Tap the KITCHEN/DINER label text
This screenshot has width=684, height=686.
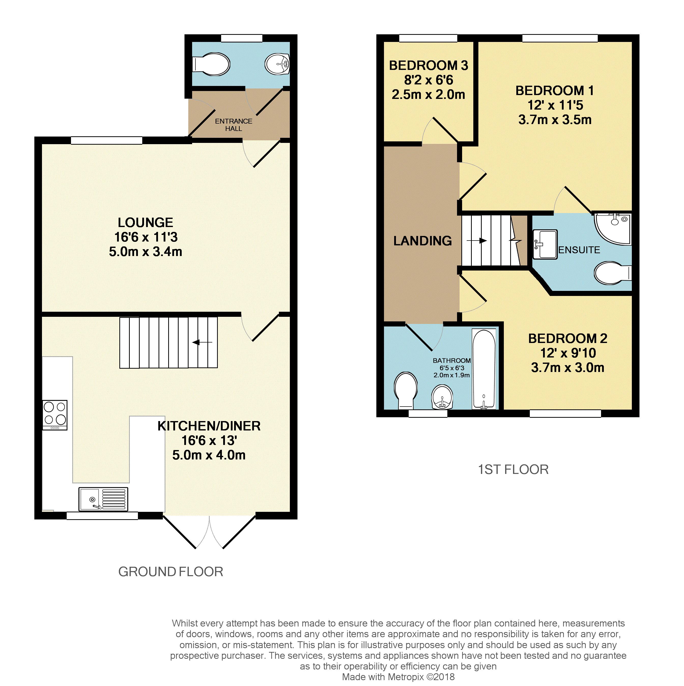point(209,426)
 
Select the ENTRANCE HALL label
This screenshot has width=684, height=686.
point(233,125)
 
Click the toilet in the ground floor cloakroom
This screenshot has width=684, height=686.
point(211,64)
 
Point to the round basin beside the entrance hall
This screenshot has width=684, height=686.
point(278,64)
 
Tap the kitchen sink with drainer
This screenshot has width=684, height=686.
point(103,499)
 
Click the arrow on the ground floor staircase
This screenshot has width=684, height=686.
point(202,342)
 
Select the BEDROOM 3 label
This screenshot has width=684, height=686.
point(429,65)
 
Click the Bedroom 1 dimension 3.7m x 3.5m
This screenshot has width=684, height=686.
point(555,120)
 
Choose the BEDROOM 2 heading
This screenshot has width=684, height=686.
point(567,338)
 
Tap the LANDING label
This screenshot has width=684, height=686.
point(422,241)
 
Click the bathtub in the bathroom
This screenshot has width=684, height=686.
point(483,369)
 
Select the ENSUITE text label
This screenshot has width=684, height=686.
point(579,250)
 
